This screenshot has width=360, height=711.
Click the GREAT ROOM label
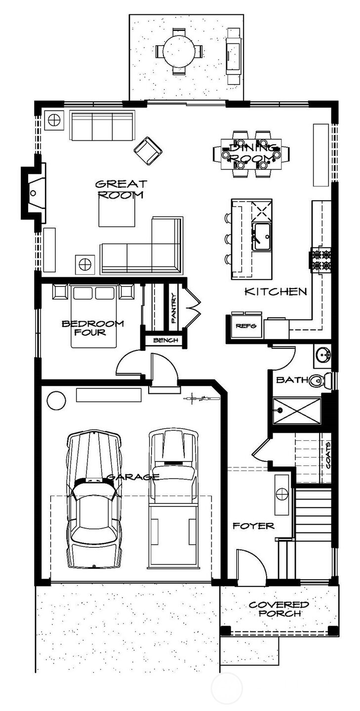coord(120,189)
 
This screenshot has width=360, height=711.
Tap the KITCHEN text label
coord(276,292)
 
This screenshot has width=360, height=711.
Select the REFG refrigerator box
coord(244,326)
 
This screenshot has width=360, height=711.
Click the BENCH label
coord(161,340)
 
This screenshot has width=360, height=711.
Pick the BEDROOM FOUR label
coord(92,328)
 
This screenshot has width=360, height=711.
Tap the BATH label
coord(290,380)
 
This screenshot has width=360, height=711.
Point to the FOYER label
coord(253,526)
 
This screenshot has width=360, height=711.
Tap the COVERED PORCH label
coord(279,609)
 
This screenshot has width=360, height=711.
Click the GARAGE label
coord(133,477)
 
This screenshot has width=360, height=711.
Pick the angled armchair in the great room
coord(148,151)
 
